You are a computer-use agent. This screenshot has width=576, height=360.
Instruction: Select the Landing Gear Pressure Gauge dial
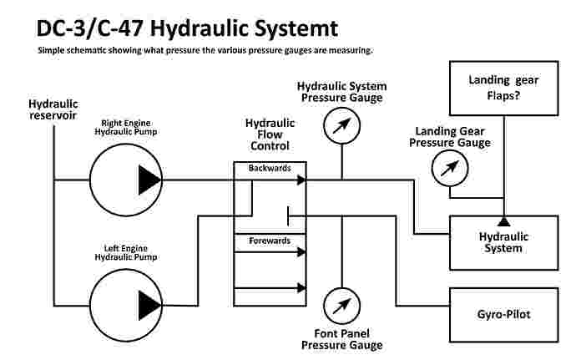click(x=450, y=170)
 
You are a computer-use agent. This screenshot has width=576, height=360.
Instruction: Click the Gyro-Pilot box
click(x=504, y=315)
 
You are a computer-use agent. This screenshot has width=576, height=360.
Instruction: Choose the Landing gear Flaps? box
click(x=504, y=88)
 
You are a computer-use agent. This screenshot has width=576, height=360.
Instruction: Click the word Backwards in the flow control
click(x=270, y=168)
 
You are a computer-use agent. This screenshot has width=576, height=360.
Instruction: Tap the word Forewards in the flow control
click(x=270, y=241)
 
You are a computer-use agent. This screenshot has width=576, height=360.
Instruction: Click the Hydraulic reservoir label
click(x=53, y=109)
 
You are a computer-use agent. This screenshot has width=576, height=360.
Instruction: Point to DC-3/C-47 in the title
click(x=80, y=28)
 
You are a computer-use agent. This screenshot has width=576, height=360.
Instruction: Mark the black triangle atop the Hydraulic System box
click(x=504, y=221)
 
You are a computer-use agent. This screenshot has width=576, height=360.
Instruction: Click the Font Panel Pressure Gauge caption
click(x=341, y=339)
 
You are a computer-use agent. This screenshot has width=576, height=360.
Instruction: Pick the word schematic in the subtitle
click(x=91, y=50)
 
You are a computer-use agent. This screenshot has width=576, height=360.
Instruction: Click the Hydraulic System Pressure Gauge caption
click(x=341, y=91)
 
